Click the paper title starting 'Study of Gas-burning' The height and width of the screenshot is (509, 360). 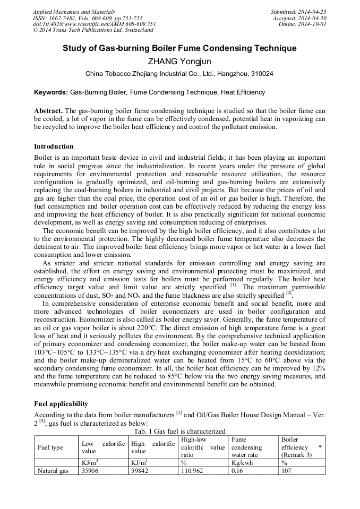coord(179,49)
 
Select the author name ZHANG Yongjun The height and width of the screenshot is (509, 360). coord(179,61)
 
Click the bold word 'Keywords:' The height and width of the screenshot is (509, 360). coord(51,92)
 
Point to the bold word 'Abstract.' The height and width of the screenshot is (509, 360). coord(49,111)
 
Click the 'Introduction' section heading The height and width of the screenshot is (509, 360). coord(54,146)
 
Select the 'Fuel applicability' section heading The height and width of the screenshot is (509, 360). coord(61,404)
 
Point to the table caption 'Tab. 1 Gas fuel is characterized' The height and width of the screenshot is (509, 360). coord(179,431)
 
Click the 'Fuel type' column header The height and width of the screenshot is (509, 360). coord(50,447)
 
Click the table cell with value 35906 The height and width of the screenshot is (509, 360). coord(90,471)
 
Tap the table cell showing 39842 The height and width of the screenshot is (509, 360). coord(141,471)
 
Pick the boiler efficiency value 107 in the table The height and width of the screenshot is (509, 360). coord(286,471)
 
